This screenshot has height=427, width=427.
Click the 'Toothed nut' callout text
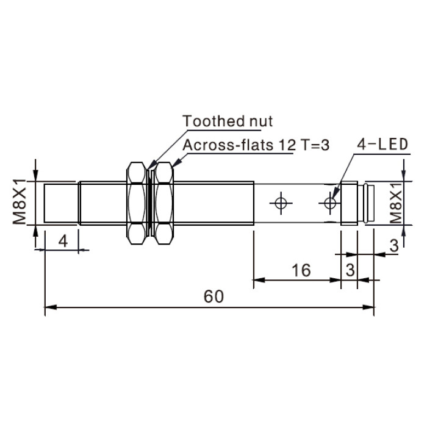click(228, 121)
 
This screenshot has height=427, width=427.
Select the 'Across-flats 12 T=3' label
click(256, 145)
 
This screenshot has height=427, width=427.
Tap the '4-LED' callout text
click(382, 144)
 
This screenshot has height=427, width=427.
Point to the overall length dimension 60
click(213, 296)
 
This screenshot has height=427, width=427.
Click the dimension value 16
click(301, 270)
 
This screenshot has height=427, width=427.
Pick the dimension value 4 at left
click(63, 241)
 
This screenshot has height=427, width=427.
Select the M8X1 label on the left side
click(19, 202)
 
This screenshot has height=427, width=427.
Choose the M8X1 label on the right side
click(396, 203)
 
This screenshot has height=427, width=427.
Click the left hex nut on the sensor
click(136, 203)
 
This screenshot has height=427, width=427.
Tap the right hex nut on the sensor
click(164, 203)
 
